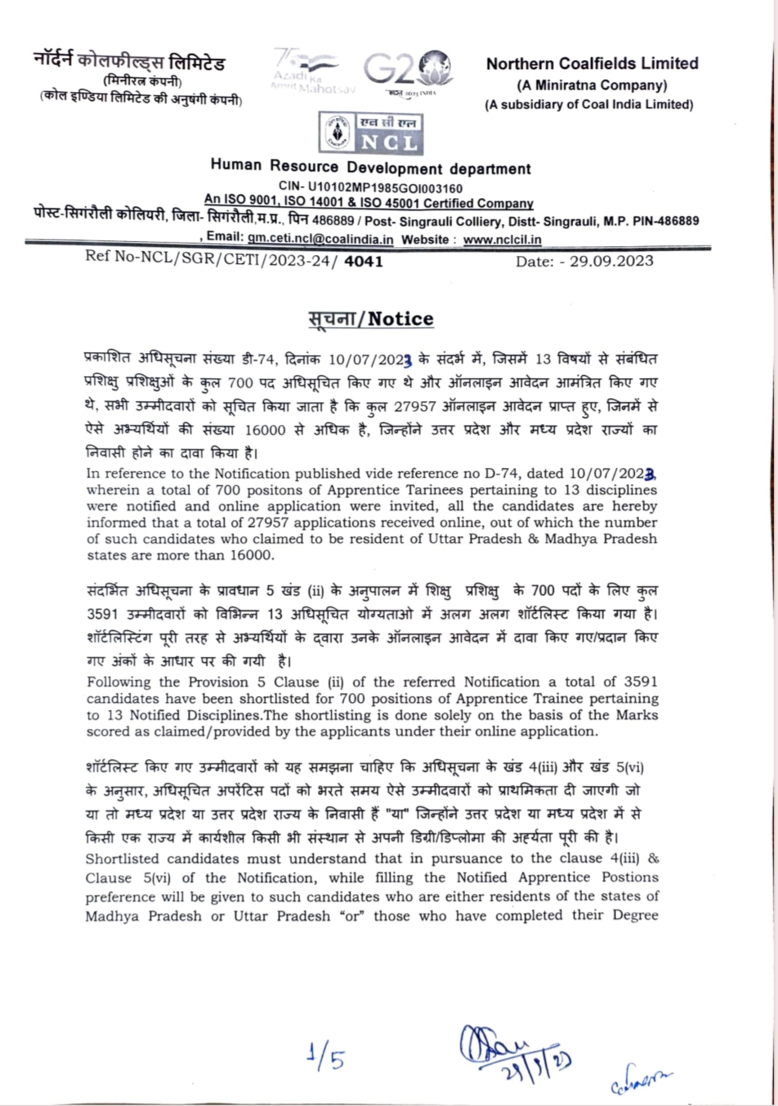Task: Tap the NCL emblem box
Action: click(x=369, y=133)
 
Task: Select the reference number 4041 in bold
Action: click(x=364, y=261)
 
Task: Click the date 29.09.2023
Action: click(x=612, y=261)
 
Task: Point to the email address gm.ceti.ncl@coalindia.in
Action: click(x=320, y=239)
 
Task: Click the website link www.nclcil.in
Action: click(x=502, y=239)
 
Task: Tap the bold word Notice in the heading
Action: click(x=400, y=319)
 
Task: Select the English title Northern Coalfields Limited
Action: click(x=592, y=64)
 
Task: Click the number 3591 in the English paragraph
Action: click(x=641, y=681)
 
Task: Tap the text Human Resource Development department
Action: click(x=371, y=168)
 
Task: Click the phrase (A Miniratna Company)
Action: click(x=592, y=85)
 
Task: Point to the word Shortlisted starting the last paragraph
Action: click(x=122, y=859)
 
